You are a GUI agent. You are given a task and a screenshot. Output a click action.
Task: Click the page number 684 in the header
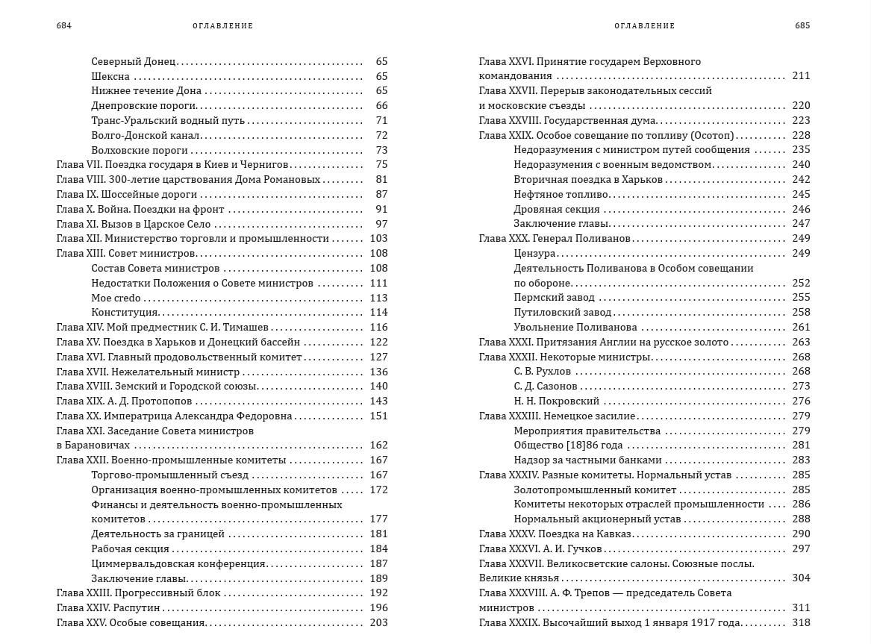point(63,25)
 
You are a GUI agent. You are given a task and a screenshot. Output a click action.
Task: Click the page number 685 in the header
point(802,25)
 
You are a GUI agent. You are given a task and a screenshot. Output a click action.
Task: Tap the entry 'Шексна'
point(110,76)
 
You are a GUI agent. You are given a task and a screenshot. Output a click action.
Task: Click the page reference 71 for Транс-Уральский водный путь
point(381,120)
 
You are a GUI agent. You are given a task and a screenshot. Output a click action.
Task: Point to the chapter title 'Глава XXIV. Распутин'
point(106,607)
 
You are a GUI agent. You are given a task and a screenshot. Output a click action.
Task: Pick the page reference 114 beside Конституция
point(378,313)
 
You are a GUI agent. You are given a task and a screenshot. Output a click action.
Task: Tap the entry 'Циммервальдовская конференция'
point(178,563)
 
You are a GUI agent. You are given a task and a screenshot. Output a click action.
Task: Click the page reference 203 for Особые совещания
point(378,622)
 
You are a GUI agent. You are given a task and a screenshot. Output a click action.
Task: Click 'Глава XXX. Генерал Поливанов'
point(555,238)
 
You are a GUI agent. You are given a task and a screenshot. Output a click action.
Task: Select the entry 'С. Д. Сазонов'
point(545,386)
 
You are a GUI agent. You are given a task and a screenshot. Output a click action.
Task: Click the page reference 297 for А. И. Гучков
point(801,548)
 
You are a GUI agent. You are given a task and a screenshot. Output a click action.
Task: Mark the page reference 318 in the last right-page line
point(801,622)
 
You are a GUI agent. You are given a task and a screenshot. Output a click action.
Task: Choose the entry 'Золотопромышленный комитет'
point(595,490)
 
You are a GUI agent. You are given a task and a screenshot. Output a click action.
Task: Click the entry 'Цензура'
point(534,253)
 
